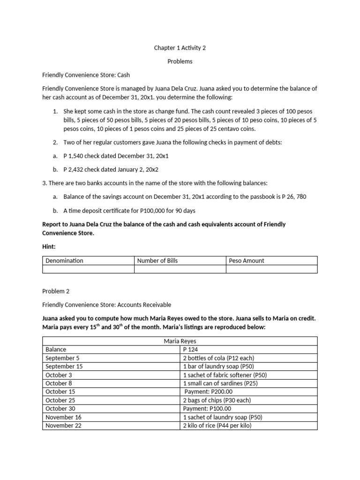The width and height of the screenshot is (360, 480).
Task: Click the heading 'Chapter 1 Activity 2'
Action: pyautogui.click(x=180, y=48)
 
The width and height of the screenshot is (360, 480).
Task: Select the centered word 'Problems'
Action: pyautogui.click(x=180, y=61)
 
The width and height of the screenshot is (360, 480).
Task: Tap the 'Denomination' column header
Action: pyautogui.click(x=64, y=261)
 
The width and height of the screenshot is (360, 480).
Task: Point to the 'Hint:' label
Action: pyautogui.click(x=49, y=246)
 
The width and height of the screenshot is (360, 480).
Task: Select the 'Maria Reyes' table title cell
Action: pyautogui.click(x=180, y=341)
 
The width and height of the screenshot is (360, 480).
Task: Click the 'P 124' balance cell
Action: pyautogui.click(x=191, y=349)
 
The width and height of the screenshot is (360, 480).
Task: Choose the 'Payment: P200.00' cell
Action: pyautogui.click(x=209, y=391)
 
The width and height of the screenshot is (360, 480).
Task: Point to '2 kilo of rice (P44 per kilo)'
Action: pyautogui.click(x=220, y=425)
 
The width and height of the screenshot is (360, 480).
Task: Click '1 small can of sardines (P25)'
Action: pyautogui.click(x=220, y=383)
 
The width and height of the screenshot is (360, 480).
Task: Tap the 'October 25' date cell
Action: pyautogui.click(x=60, y=400)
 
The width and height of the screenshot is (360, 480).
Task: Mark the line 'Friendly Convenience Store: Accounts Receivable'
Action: pyautogui.click(x=107, y=305)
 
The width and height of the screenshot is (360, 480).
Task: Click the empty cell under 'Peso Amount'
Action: pyautogui.click(x=272, y=269)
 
